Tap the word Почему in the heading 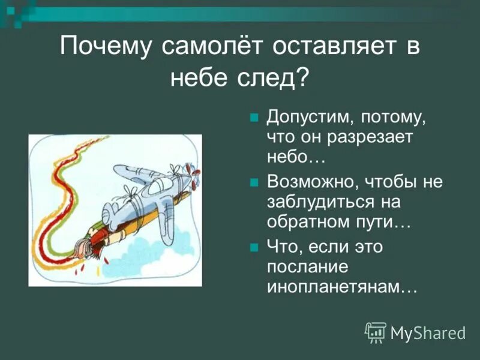(102, 47)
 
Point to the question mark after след (303, 78)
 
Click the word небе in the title (203, 78)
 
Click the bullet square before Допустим (254, 116)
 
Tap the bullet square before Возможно (254, 182)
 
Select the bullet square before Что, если (254, 247)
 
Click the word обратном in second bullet (306, 223)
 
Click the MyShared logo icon (376, 332)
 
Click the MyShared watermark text (428, 333)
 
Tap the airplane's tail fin (112, 214)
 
